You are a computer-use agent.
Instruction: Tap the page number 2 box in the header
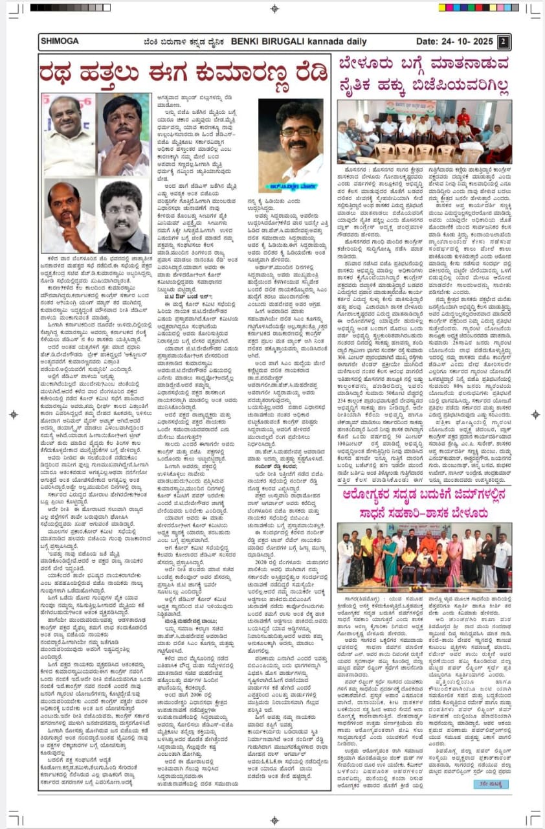pyautogui.click(x=502, y=41)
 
